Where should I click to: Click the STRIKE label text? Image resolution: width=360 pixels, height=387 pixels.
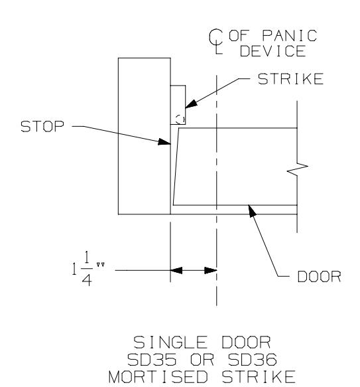[290, 79]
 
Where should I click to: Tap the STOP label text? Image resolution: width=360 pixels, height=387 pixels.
[42, 126]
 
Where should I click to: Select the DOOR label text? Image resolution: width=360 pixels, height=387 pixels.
[320, 276]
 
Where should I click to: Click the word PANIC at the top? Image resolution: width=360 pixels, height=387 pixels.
[290, 36]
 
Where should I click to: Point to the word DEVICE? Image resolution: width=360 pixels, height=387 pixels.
[273, 51]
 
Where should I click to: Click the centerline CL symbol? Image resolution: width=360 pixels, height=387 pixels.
[216, 41]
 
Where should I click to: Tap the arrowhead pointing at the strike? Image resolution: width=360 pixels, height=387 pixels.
[192, 104]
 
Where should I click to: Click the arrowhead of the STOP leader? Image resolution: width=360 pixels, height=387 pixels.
[164, 141]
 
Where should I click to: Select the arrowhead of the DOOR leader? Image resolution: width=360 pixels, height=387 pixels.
[252, 211]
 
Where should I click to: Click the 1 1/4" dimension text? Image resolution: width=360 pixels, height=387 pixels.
[88, 269]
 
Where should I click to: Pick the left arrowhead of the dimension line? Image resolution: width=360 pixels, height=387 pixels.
[176, 271]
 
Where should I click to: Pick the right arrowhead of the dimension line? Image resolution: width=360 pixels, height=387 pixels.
[211, 271]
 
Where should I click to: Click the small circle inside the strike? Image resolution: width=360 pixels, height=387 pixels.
[180, 119]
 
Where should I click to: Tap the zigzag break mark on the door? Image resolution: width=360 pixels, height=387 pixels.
[298, 169]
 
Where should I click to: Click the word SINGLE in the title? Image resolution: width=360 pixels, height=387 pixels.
[170, 343]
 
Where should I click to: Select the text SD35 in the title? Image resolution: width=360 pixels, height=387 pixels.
[152, 360]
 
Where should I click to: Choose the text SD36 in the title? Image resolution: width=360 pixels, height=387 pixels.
[253, 360]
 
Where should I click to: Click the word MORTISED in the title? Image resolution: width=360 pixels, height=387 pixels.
[158, 377]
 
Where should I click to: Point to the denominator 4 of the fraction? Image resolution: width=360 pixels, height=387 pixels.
[87, 280]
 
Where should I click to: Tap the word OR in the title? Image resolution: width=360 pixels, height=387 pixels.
[202, 360]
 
